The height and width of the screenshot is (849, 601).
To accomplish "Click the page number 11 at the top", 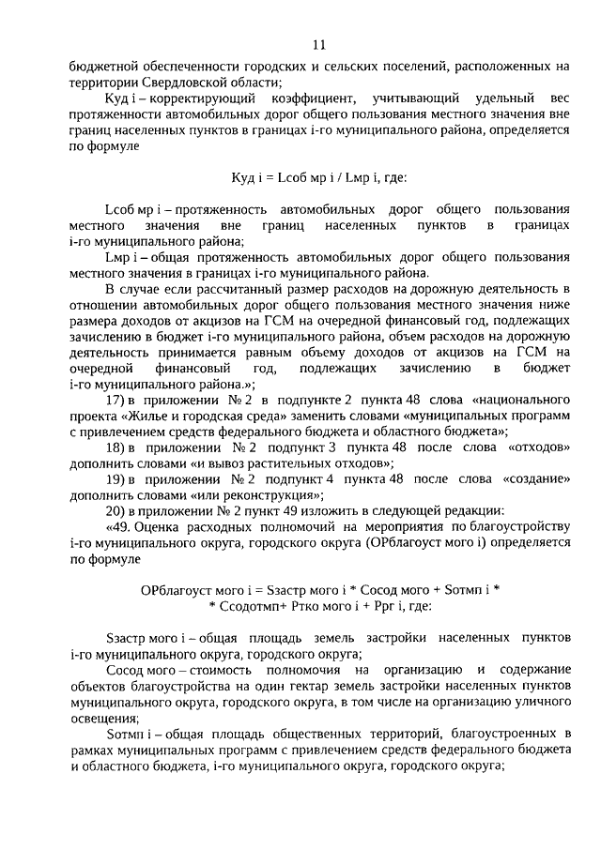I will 318,44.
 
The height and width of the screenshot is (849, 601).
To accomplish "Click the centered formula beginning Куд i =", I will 318,177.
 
